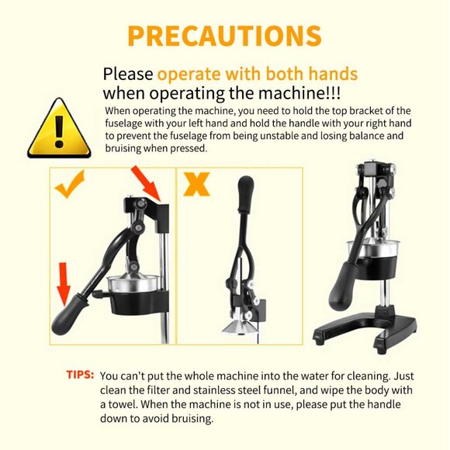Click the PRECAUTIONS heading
(224, 36)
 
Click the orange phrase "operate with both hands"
(258, 74)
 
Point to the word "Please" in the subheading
(128, 74)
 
